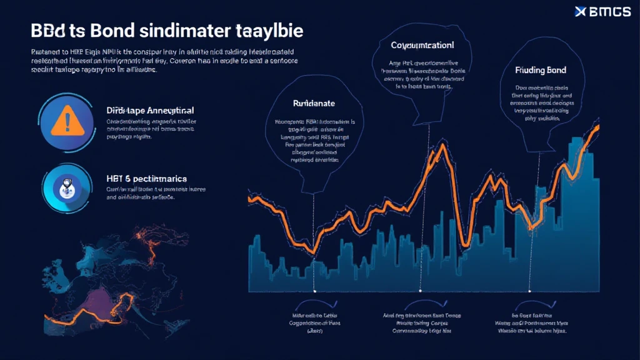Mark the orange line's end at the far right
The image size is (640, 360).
(x=599, y=127)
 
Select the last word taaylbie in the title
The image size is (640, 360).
(x=273, y=31)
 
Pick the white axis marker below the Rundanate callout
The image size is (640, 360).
(x=314, y=291)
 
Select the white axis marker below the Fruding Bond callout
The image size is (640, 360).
(x=529, y=291)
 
